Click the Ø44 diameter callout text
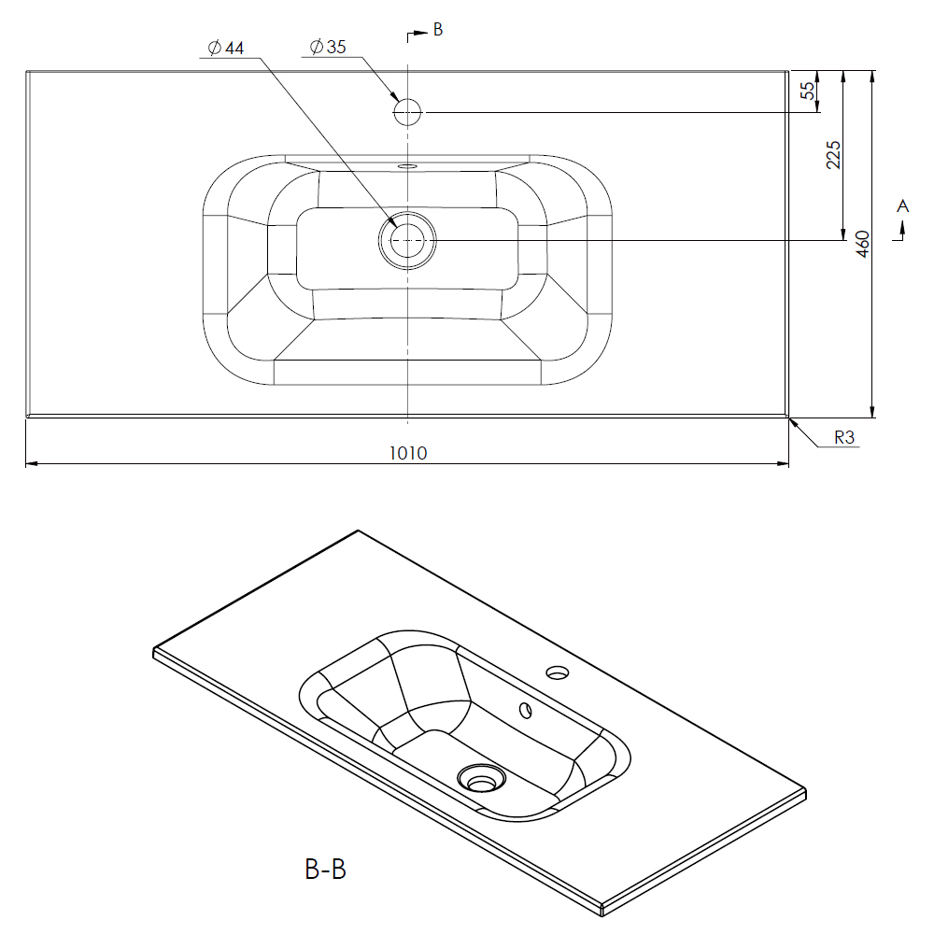point(226,48)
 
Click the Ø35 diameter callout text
point(328,47)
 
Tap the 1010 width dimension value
point(408,453)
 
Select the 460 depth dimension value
point(862,244)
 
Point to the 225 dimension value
point(833,155)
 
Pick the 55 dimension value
point(807,91)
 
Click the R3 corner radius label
point(844,437)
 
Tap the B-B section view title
point(325,869)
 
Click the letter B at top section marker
point(438,29)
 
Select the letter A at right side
point(903,206)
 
